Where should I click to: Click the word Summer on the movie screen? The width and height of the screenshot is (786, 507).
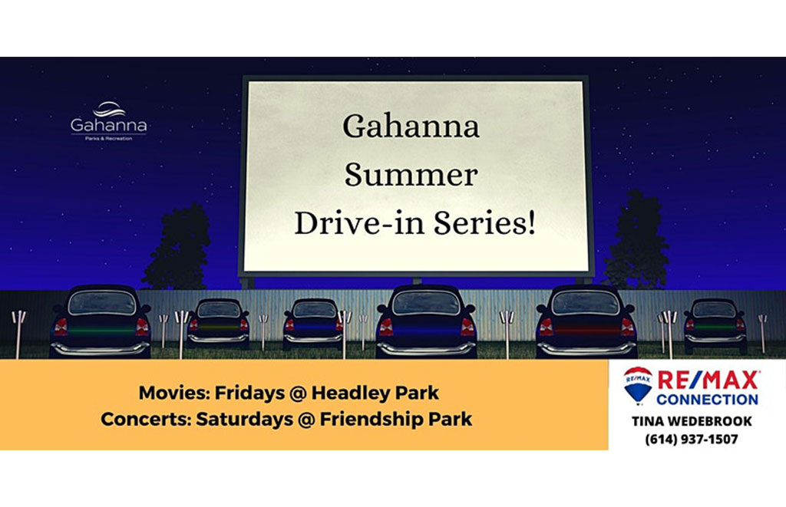411,175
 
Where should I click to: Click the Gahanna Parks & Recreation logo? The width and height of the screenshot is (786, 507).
109,121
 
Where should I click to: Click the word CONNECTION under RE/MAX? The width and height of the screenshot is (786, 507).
707,400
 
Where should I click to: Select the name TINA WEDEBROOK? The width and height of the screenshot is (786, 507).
692,421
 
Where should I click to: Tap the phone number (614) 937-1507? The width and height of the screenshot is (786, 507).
692,440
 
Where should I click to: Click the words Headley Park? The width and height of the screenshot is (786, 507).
375,393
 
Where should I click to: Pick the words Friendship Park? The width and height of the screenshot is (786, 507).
396,420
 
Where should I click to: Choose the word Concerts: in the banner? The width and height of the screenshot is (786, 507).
146,420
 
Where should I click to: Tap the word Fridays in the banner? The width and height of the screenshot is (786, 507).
249,393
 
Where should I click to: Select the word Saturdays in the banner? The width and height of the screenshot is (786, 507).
245,420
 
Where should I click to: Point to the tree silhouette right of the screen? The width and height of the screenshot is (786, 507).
636,241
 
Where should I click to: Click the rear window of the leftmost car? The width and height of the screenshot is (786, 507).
102,304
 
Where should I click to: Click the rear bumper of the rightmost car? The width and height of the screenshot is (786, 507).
715,339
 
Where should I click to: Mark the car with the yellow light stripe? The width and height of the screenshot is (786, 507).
219,323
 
